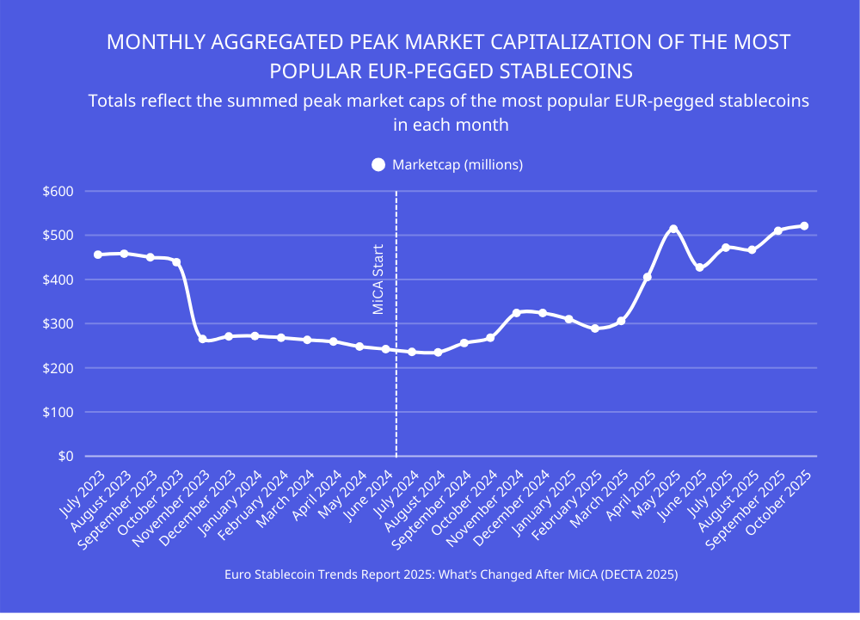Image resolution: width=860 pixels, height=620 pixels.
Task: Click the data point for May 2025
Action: [x=673, y=229]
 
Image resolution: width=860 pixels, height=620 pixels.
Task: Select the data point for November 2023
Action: [x=202, y=340]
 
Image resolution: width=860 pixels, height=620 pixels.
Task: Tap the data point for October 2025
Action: [x=804, y=226]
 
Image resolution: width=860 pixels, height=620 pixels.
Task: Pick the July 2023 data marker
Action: [x=98, y=255]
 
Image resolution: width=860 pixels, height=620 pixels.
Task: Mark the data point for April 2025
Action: [x=648, y=277]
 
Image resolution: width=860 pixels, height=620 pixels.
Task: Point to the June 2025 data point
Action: [x=699, y=267]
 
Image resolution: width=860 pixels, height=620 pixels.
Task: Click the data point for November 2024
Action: [x=516, y=313]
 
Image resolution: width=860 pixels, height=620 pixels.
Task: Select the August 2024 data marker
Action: [x=438, y=352]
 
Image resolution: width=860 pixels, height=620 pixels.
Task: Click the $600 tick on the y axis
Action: [x=58, y=192]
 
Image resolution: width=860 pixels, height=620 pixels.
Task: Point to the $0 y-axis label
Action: [x=65, y=457]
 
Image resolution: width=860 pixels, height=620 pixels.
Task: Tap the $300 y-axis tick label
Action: [x=58, y=324]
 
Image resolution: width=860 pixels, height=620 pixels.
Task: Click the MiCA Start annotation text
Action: [x=378, y=279]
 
